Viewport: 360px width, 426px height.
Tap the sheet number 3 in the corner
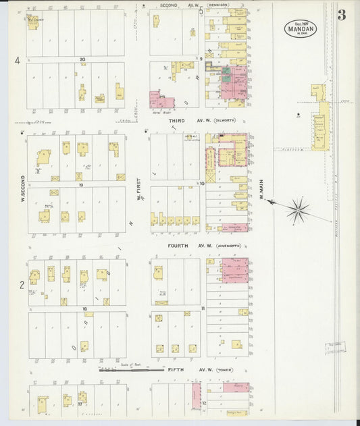pyautogui.click(x=342, y=16)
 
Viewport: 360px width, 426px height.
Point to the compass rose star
pyautogui.click(x=297, y=210)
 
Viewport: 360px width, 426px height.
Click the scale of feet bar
pyautogui.click(x=128, y=369)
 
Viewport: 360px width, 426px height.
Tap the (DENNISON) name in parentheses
pyautogui.click(x=218, y=5)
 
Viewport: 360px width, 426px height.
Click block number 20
pyautogui.click(x=81, y=59)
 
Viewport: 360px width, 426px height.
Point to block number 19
pyautogui.click(x=80, y=184)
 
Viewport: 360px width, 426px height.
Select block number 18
pyautogui.click(x=84, y=309)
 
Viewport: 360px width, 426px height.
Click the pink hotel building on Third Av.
pyautogui.click(x=161, y=101)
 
